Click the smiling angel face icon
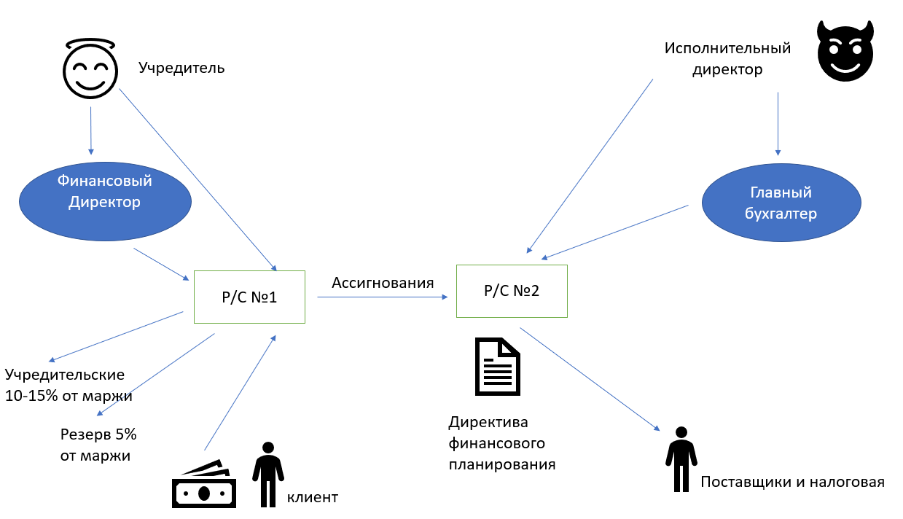[90, 69]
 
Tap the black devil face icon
[844, 52]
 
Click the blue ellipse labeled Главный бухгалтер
[781, 203]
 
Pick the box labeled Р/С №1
[249, 297]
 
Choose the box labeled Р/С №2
[512, 291]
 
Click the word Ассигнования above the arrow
[383, 283]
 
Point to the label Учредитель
[181, 69]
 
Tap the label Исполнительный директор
[727, 59]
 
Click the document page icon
[498, 367]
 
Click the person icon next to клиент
[268, 474]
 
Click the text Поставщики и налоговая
[792, 482]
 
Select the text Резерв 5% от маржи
[98, 445]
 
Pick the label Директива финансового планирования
[501, 443]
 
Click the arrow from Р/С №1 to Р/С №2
[382, 297]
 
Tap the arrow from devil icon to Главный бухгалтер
[778, 123]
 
